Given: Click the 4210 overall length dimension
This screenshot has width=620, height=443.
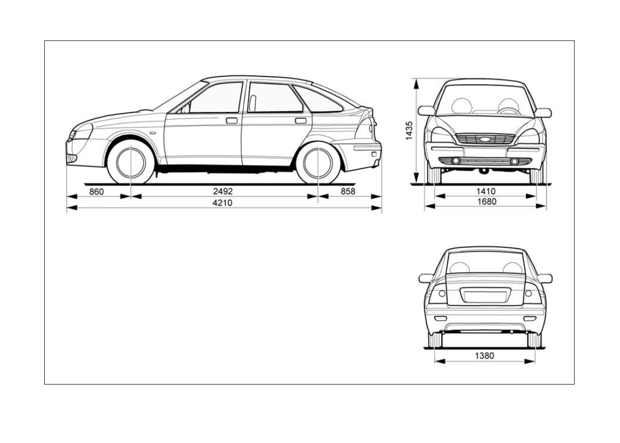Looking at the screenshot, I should pos(223,202).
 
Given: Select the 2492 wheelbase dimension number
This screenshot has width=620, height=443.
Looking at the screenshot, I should pos(223,191).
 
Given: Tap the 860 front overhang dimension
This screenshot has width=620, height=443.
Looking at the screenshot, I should pos(97,191).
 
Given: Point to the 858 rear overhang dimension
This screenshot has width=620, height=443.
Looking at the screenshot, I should pos(348,191).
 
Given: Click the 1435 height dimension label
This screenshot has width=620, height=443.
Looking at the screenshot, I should pos(410,131).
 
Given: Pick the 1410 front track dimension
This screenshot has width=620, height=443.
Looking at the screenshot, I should pos(486,191).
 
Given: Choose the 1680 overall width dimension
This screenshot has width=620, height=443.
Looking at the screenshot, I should pos(486,202).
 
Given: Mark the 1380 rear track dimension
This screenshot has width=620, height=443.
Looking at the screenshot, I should pos(484,356).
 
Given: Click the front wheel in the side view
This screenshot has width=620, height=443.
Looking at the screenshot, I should pos(131,162).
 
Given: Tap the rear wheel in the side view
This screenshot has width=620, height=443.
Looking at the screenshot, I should pos(318,163).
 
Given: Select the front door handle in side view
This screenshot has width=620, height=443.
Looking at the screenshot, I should pos(232,120).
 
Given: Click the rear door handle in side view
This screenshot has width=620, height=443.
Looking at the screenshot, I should pos(301,120).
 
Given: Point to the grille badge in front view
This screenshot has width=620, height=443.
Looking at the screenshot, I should pos(485,139).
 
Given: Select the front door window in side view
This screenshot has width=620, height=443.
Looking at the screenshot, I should pos(215,99).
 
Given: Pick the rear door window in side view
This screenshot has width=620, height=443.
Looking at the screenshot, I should pos(273,98).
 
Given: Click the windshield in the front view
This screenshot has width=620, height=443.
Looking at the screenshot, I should pos(485,101).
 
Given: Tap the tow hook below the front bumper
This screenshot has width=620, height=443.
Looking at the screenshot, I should pos(484,171).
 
